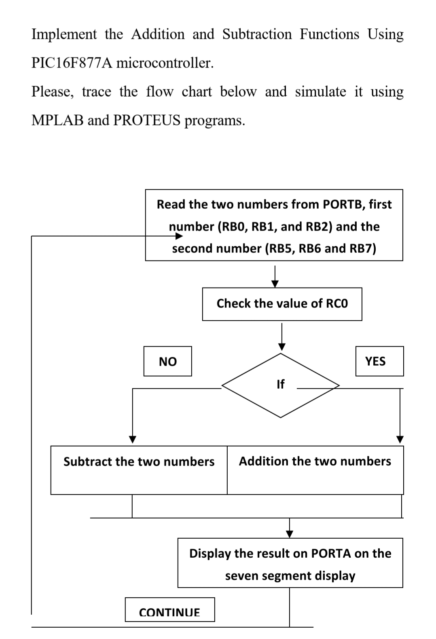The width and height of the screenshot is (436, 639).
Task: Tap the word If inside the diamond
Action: [x=281, y=384]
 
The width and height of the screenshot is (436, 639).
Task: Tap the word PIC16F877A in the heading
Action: [x=72, y=63]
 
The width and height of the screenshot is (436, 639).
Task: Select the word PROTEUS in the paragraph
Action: [x=147, y=120]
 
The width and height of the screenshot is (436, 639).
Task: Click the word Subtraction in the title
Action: [x=257, y=34]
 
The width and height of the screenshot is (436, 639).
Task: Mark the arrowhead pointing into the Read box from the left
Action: [x=179, y=236]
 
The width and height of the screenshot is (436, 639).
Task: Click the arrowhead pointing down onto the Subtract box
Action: [x=132, y=440]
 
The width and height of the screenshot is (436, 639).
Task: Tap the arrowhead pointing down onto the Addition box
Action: [x=400, y=440]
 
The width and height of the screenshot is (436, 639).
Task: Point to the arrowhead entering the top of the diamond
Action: [x=282, y=347]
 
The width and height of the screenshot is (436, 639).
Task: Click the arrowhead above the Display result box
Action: [x=289, y=534]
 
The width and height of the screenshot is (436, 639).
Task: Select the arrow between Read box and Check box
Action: [x=275, y=277]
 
